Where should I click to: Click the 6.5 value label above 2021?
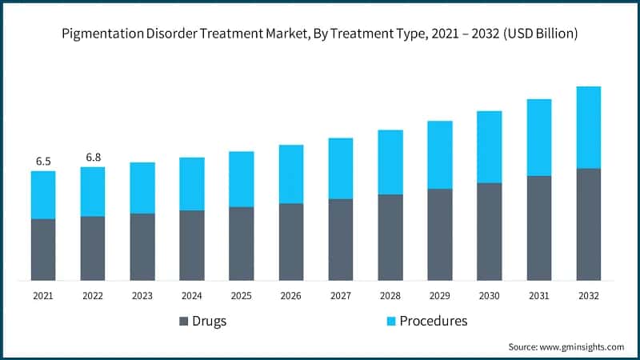43,161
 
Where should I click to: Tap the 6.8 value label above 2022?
93,157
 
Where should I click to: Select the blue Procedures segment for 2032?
589,127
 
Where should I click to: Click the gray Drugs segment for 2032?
589,224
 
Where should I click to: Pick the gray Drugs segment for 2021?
43,250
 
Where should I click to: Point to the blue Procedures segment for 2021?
43,194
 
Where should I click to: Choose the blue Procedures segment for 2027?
341,168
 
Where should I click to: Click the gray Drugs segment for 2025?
242,243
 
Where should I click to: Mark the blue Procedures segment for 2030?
490,146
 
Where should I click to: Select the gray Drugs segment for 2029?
440,234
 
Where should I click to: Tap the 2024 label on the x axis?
192,296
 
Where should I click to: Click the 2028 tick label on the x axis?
390,296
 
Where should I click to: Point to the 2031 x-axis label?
539,296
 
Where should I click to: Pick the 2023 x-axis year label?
142,296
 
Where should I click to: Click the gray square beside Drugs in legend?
184,322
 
